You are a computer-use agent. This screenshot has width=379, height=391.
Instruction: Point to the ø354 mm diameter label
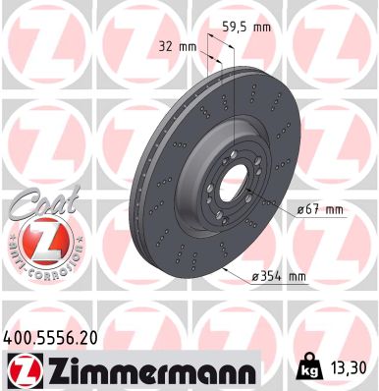click(x=279, y=278)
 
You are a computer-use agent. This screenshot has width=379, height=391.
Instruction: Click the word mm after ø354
click(x=296, y=278)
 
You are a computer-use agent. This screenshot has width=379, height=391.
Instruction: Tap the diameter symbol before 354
click(x=255, y=278)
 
